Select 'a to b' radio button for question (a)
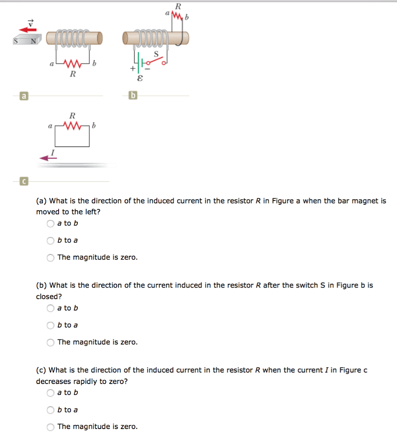click(x=51, y=223)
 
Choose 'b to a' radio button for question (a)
click(x=51, y=240)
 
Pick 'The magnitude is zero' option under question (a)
click(x=51, y=257)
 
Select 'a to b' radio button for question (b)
click(x=51, y=308)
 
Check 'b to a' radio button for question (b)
click(x=51, y=325)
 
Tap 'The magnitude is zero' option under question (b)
click(x=51, y=342)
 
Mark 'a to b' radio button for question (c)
click(x=51, y=393)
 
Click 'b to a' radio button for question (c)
click(x=51, y=410)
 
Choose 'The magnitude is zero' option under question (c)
click(x=51, y=427)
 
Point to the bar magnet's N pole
click(x=32, y=41)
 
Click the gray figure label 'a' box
click(x=24, y=96)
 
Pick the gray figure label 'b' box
click(x=133, y=96)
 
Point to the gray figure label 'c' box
click(x=24, y=181)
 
